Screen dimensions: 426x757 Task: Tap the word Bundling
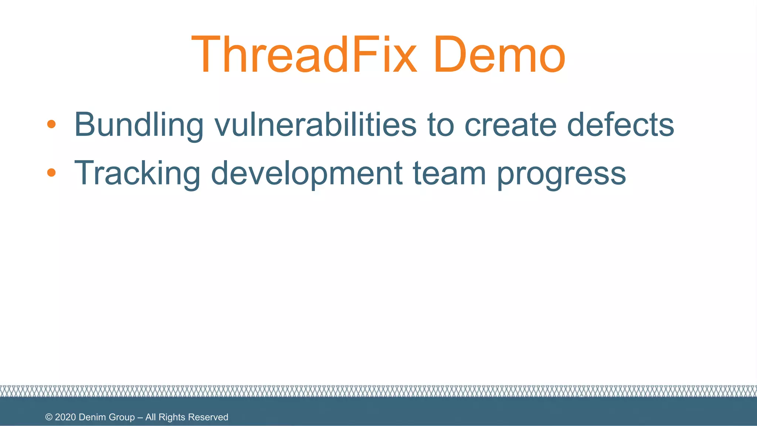[139, 125]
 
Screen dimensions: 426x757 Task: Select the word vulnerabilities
[315, 125]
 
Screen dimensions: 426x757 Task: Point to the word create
[510, 125]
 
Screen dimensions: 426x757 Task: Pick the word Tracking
[137, 173]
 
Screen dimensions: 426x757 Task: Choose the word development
[306, 173]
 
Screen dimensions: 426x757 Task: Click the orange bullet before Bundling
[51, 124]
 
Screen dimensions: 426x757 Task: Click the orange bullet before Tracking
[51, 172]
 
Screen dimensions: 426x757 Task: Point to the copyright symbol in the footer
[49, 417]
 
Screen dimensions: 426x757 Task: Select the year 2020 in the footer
[65, 417]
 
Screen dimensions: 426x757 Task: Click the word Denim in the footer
[92, 417]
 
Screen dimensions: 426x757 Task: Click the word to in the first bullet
[441, 125]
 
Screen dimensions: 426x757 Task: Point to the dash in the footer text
[140, 417]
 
